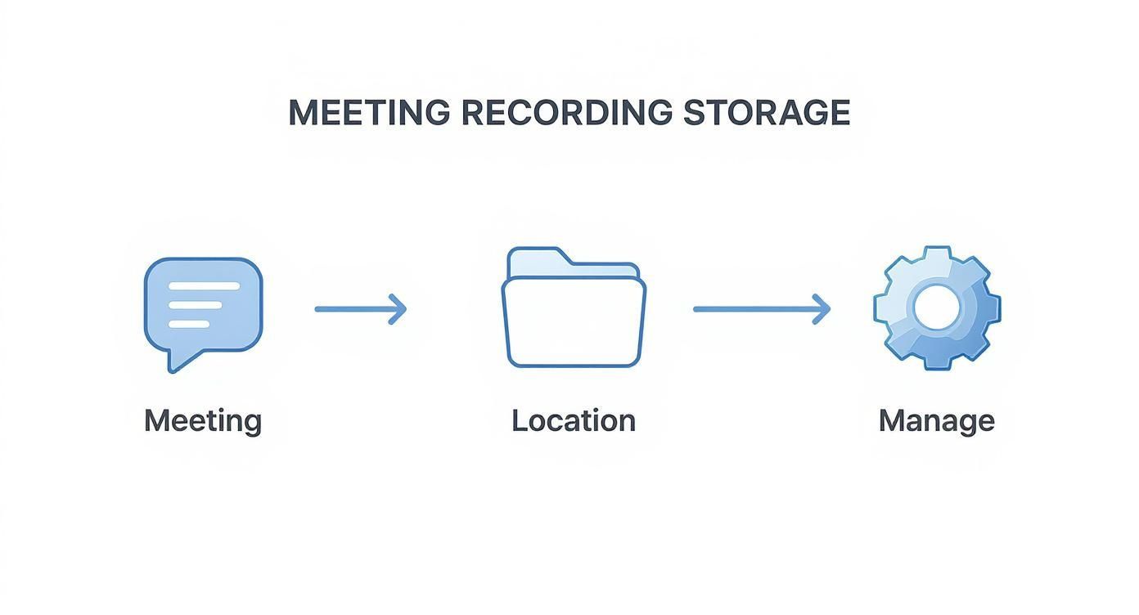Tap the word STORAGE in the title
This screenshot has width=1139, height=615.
click(x=767, y=112)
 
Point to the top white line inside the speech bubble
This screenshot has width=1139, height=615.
click(x=204, y=286)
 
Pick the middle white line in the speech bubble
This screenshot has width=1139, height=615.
click(x=195, y=305)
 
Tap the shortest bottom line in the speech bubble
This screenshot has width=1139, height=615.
click(x=188, y=324)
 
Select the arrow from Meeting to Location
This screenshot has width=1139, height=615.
click(x=360, y=309)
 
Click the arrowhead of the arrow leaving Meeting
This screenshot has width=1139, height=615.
click(x=398, y=309)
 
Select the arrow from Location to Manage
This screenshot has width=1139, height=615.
click(x=761, y=309)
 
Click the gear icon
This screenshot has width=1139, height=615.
click(x=936, y=308)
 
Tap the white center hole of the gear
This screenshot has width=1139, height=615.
click(x=935, y=307)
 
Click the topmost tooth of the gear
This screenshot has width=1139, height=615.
click(x=936, y=254)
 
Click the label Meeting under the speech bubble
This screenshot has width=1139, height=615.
click(x=203, y=421)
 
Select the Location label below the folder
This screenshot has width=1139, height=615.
click(x=573, y=421)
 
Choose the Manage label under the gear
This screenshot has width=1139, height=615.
click(x=936, y=421)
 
